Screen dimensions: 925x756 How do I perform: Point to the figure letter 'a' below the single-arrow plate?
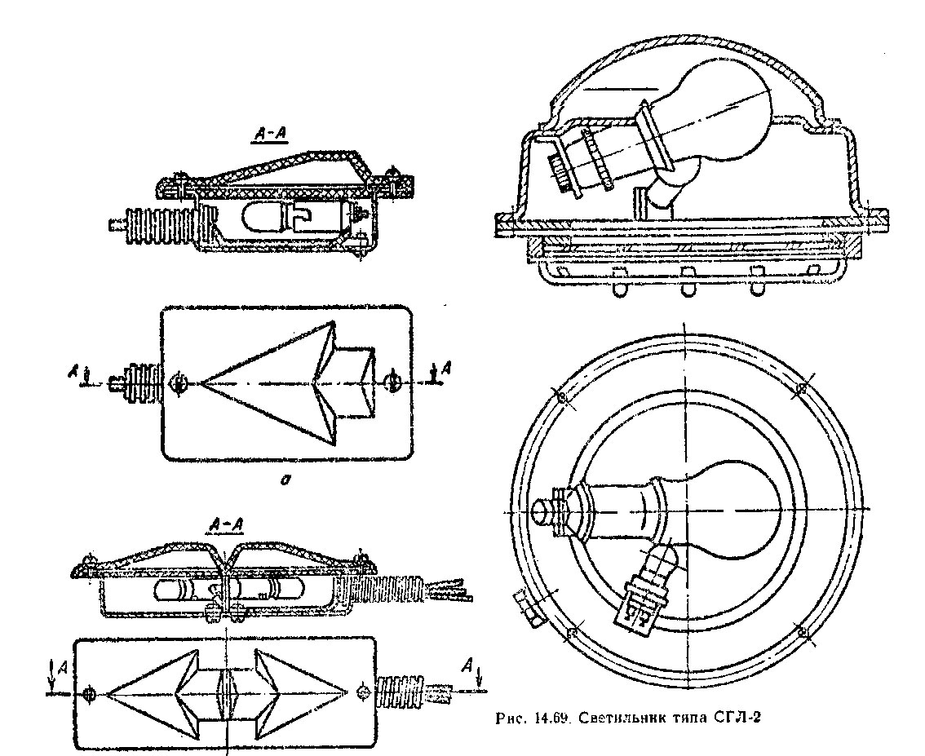click(285, 481)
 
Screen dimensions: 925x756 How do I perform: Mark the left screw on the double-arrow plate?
click(90, 694)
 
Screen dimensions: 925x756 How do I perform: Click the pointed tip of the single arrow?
click(201, 384)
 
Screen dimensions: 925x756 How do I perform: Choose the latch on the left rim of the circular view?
click(524, 608)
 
